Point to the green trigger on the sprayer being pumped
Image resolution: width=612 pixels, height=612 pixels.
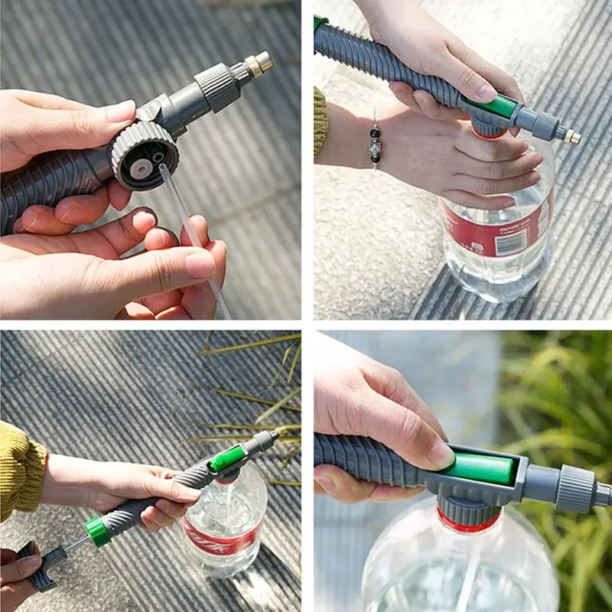click(x=227, y=459)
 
